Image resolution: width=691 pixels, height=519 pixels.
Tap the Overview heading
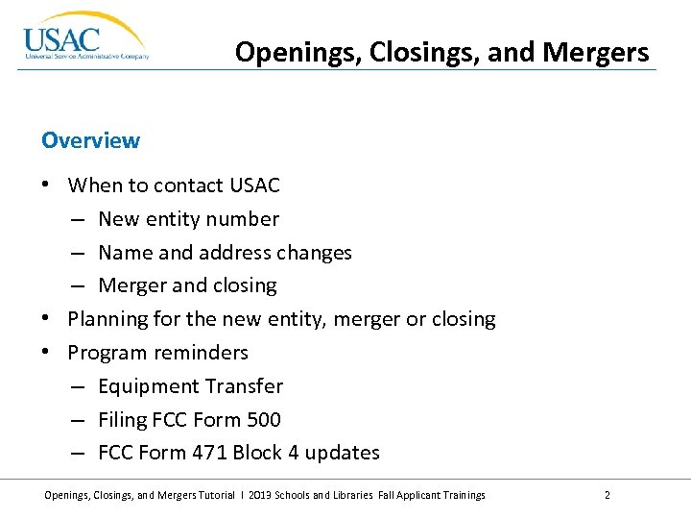[x=90, y=140]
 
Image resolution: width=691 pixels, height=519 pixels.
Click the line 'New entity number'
[x=188, y=218]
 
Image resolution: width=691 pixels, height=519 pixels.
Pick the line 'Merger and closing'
[x=187, y=285]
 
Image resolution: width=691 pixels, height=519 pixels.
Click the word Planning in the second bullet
[x=107, y=319]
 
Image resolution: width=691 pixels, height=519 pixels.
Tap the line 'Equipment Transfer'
[x=190, y=386]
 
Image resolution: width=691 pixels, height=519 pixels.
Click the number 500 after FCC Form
[x=262, y=420]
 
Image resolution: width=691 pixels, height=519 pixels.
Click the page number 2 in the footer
[x=608, y=495]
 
